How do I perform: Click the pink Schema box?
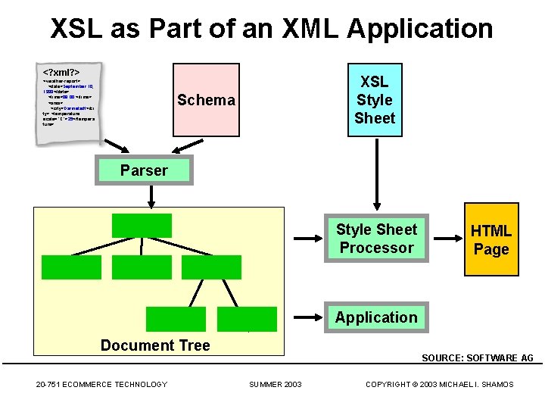coord(206,100)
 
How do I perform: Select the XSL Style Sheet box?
coord(374,100)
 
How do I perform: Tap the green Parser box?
coord(144,170)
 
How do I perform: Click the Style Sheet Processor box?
coord(376,239)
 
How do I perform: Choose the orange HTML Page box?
coord(490,239)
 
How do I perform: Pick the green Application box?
coord(376,317)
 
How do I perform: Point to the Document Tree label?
coord(155,345)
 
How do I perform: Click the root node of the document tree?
coord(142,226)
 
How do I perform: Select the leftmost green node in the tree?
coord(71,267)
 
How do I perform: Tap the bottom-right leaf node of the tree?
coord(247,319)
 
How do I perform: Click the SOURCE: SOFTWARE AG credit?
coord(477,357)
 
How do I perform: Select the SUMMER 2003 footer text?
coord(276,385)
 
